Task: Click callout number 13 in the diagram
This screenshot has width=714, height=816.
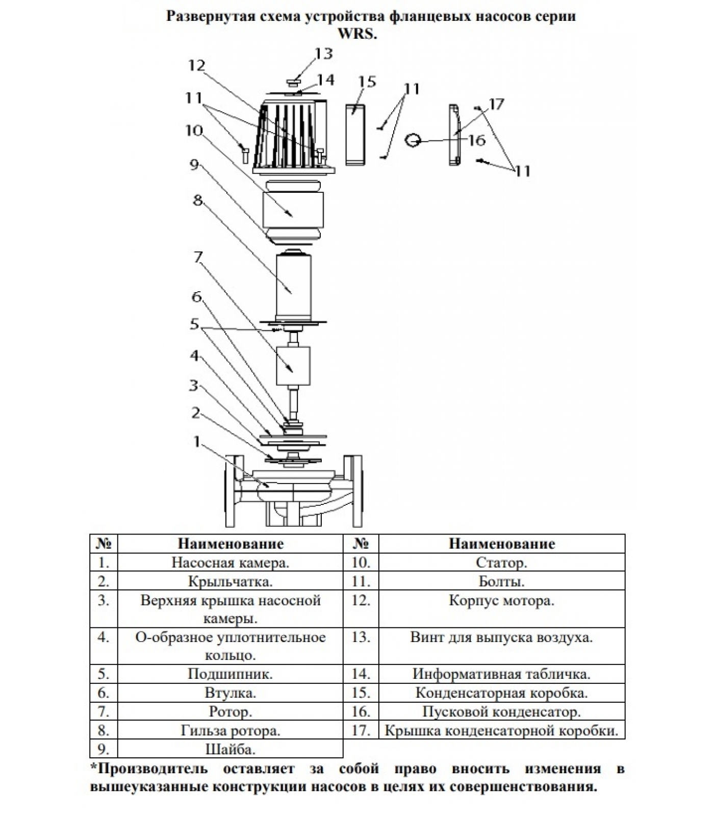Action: pos(323,54)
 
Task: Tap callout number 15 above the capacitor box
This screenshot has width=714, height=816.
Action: pos(367,82)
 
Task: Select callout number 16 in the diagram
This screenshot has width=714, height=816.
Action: pos(476,140)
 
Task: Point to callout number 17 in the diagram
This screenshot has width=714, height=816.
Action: pos(496,105)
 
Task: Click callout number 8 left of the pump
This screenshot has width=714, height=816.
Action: pos(198,200)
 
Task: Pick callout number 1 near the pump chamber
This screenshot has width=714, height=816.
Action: pos(197,441)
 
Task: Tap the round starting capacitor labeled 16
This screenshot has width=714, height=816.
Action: pos(413,139)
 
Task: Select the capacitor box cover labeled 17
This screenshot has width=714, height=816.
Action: pos(454,135)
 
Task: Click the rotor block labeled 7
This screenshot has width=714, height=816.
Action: pos(293,366)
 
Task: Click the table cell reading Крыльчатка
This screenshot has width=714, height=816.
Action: pos(230,581)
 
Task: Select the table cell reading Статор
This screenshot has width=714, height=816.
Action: pos(501,563)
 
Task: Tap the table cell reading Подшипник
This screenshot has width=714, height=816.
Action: pos(230,674)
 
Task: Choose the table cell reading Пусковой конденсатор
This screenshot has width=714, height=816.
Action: pos(501,711)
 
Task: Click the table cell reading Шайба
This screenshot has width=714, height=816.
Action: pos(230,749)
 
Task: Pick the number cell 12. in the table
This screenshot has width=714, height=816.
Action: pos(361,600)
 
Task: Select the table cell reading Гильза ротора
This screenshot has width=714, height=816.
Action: pos(230,730)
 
